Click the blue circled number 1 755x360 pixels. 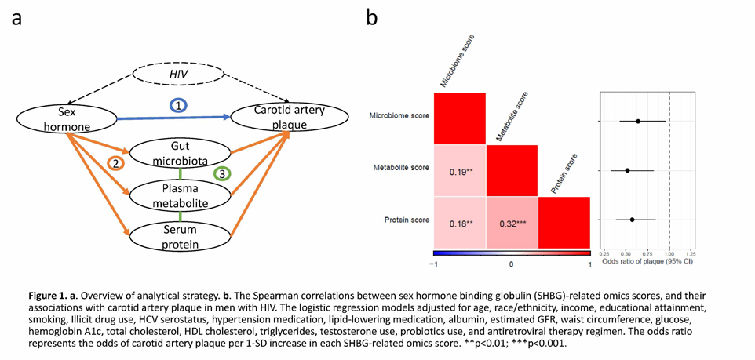[179, 107]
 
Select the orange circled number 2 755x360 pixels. [115, 164]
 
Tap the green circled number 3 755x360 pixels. [221, 174]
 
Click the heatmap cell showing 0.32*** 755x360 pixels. [512, 223]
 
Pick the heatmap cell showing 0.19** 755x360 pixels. [460, 171]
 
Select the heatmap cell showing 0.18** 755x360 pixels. [460, 223]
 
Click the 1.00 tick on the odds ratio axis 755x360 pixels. [669, 253]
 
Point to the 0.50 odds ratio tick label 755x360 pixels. [626, 253]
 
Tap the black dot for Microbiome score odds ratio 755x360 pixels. [639, 122]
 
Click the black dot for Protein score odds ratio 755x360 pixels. [633, 220]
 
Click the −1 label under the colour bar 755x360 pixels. [436, 264]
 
